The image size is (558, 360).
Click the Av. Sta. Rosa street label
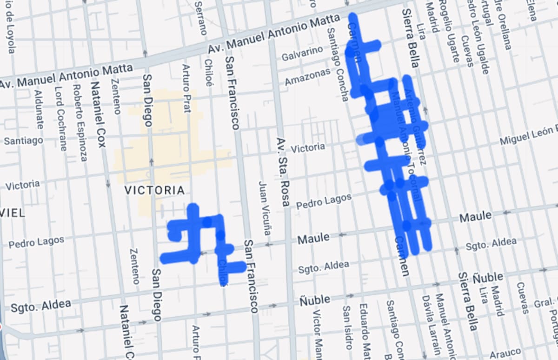(283, 172)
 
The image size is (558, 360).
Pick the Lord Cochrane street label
(61, 119)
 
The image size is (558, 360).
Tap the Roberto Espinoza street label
(80, 123)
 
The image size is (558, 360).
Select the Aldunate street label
(40, 111)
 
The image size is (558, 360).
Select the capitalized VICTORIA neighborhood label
(154, 190)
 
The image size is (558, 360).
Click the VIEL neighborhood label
(13, 213)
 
